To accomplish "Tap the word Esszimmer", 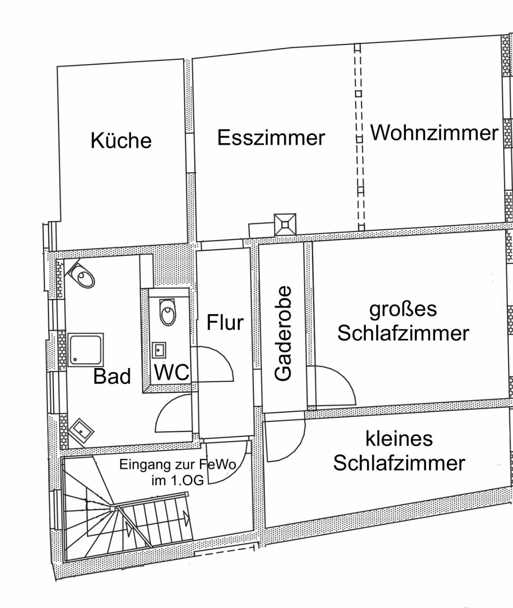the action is point(271,137).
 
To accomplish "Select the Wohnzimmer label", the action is point(434,133).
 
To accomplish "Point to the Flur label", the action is point(225,322).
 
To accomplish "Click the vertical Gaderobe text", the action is point(283,333).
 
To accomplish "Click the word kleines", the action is point(399,438).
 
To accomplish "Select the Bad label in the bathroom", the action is point(112,376).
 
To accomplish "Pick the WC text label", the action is point(172,372).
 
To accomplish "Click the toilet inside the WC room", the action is point(168,312).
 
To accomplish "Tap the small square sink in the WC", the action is point(159,350).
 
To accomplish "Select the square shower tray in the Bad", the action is point(86,350).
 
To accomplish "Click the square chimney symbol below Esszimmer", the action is point(285,225).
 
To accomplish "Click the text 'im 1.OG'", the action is point(177,480).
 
